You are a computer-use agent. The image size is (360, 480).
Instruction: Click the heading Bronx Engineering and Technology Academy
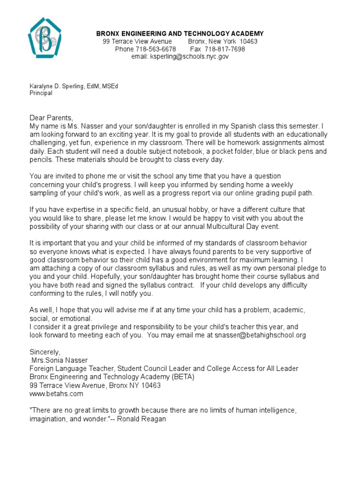coord(180,34)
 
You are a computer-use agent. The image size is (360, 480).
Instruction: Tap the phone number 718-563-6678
coord(156,49)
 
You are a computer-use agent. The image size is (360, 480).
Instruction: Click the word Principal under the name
coord(41,93)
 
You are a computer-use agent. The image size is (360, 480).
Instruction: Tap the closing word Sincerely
coord(45,352)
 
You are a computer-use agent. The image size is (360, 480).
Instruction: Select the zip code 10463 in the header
coord(248,41)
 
